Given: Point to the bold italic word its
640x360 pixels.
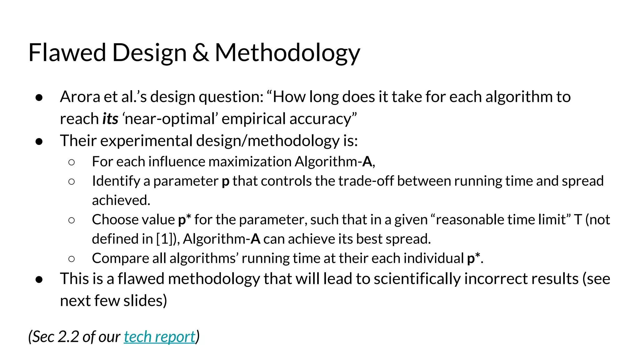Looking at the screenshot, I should click(x=110, y=119).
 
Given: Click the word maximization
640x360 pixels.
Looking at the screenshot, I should click(x=250, y=162).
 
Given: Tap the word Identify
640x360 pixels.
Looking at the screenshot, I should click(x=116, y=181).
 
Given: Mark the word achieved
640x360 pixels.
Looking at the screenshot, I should click(x=121, y=200).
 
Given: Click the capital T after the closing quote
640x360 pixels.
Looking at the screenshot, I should click(x=577, y=220).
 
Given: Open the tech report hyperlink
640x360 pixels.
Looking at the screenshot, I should click(x=159, y=337).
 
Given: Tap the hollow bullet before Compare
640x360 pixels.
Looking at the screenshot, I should click(x=72, y=259).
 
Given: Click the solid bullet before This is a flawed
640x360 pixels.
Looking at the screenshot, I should click(x=39, y=279).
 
